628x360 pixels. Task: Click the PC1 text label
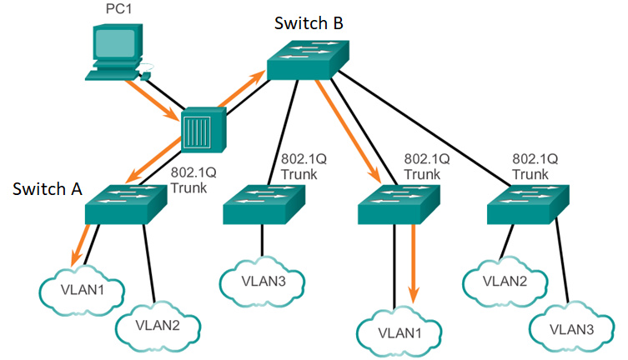[x=118, y=9]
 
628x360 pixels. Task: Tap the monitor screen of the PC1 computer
[x=114, y=42]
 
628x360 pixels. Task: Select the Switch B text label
[x=309, y=23]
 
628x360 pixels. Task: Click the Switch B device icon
[x=308, y=60]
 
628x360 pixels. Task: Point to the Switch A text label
[x=48, y=189]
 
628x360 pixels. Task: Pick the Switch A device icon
[x=126, y=204]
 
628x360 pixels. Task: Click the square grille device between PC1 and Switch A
[x=203, y=130]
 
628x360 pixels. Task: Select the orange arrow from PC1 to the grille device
[x=152, y=100]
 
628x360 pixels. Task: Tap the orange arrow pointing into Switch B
[x=242, y=88]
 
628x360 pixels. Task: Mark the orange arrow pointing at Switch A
[x=153, y=159]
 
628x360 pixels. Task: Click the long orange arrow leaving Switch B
[x=348, y=131]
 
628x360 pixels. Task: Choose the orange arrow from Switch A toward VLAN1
[x=80, y=245]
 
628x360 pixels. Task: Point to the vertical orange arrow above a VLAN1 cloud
[x=414, y=263]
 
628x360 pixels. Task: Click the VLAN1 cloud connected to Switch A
[x=82, y=290]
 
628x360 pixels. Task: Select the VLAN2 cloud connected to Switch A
[x=158, y=326]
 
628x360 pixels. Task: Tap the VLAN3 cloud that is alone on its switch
[x=263, y=282]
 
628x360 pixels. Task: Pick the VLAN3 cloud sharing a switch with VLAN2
[x=571, y=330]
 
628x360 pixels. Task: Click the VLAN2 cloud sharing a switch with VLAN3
[x=505, y=282]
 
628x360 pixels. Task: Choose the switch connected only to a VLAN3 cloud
[x=264, y=204]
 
